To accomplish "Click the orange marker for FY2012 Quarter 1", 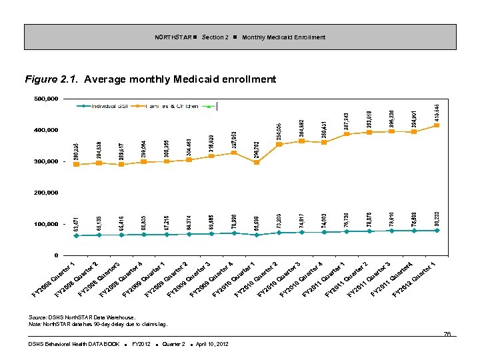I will tap(437, 125).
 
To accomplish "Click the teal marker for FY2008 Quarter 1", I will tap(76, 235).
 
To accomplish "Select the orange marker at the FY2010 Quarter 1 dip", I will tap(257, 162).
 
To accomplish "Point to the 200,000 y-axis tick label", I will tap(45, 193).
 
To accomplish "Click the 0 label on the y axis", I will tap(56, 255).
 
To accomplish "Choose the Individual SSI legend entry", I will tap(110, 106).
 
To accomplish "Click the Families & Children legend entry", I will tap(163, 106).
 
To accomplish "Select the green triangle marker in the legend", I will tap(209, 106).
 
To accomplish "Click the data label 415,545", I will tap(437, 107).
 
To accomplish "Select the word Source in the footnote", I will tap(37, 317).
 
